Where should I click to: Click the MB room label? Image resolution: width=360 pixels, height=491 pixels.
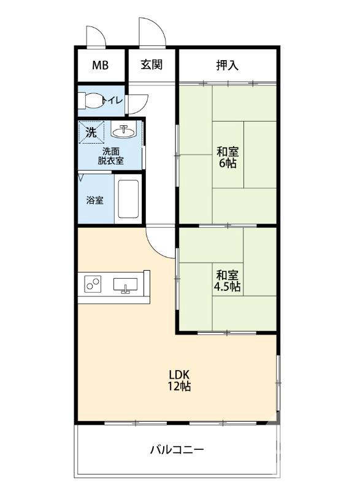101,65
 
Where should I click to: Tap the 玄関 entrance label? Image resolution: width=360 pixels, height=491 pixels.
151,64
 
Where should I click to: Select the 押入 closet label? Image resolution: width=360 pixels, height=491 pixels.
228,65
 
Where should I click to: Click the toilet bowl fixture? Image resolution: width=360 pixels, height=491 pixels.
90,101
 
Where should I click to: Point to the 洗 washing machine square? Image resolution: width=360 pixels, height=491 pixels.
91,133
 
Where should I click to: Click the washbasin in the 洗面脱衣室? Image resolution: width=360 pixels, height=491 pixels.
124,131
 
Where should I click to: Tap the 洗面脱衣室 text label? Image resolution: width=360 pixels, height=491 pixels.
111,156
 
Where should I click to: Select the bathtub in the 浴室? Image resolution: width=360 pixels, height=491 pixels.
128,199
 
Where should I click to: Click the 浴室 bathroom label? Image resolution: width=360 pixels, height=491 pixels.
95,200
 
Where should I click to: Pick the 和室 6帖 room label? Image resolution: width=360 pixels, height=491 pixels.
228,157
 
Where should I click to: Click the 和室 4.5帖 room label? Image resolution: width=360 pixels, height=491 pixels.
228,281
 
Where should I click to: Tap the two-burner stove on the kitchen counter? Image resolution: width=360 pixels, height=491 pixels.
93,284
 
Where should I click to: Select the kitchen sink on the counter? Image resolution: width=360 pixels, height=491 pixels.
126,285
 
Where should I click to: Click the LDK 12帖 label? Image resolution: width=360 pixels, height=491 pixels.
179,380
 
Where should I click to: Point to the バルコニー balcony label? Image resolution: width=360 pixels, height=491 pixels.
177,450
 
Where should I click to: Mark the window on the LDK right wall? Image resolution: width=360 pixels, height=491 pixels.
278,382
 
